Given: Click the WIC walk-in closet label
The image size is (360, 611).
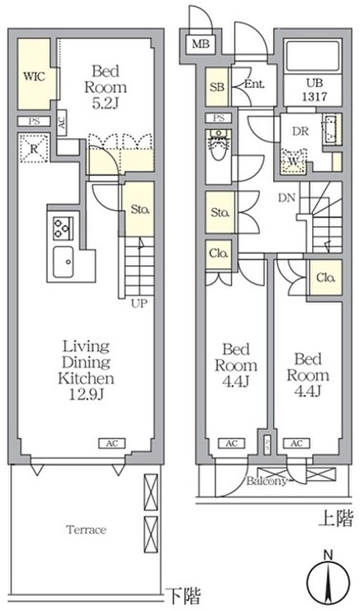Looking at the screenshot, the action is (34, 76).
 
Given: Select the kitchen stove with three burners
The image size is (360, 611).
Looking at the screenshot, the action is (63, 228).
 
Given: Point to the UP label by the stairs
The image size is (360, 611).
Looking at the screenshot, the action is (139, 303).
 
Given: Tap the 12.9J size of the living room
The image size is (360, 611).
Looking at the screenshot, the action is (86, 395).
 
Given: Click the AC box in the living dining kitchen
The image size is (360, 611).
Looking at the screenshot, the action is (112, 443).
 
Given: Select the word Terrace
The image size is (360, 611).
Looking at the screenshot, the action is (86, 530).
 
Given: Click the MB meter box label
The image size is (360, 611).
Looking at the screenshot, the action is (201, 44).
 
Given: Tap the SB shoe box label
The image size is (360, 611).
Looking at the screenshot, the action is (217, 87).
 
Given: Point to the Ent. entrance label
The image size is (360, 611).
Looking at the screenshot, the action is (255, 83).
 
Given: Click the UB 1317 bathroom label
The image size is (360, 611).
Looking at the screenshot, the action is (316, 89).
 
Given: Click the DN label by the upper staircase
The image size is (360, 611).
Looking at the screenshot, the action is (287, 199).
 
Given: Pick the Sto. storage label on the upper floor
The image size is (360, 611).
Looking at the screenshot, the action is (220, 213).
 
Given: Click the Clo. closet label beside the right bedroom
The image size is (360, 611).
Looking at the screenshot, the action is (326, 278).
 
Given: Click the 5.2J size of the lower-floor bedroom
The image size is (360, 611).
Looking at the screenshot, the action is (105, 104).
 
